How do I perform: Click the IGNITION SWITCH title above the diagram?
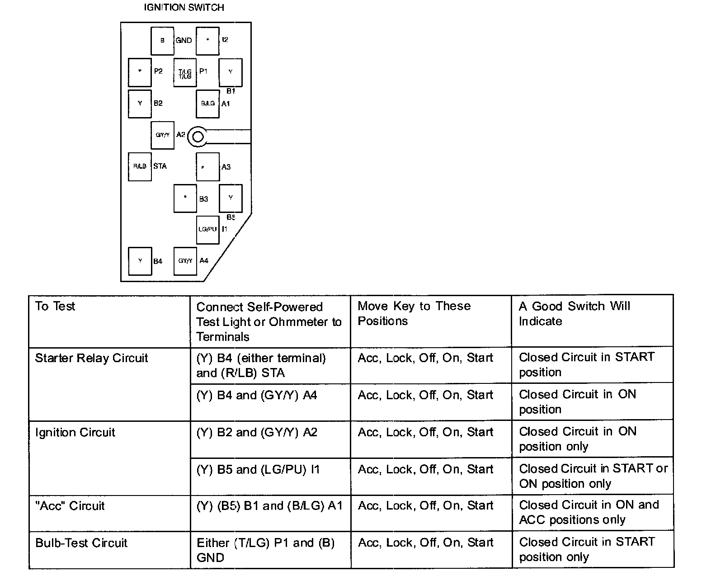point(184,8)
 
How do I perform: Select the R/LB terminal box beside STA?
point(140,166)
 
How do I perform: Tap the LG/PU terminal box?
point(207,229)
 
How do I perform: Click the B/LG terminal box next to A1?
point(207,104)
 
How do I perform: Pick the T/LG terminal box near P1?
point(185,72)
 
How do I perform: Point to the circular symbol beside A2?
point(198,136)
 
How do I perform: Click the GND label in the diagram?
point(184,40)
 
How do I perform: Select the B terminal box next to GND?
point(162,40)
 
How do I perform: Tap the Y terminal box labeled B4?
point(140,261)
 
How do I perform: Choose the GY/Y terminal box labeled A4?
point(185,261)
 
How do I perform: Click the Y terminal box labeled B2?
point(140,104)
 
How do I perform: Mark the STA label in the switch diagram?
point(160,166)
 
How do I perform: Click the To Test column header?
point(55,307)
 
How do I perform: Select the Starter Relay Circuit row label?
point(91,358)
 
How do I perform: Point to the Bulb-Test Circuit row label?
point(81,543)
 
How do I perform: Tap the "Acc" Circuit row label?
point(70,505)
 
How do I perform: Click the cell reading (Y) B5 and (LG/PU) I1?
point(258,470)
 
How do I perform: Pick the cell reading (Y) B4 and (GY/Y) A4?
point(257,396)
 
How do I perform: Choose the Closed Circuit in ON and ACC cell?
point(589,512)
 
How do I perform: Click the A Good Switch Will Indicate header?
point(574,314)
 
